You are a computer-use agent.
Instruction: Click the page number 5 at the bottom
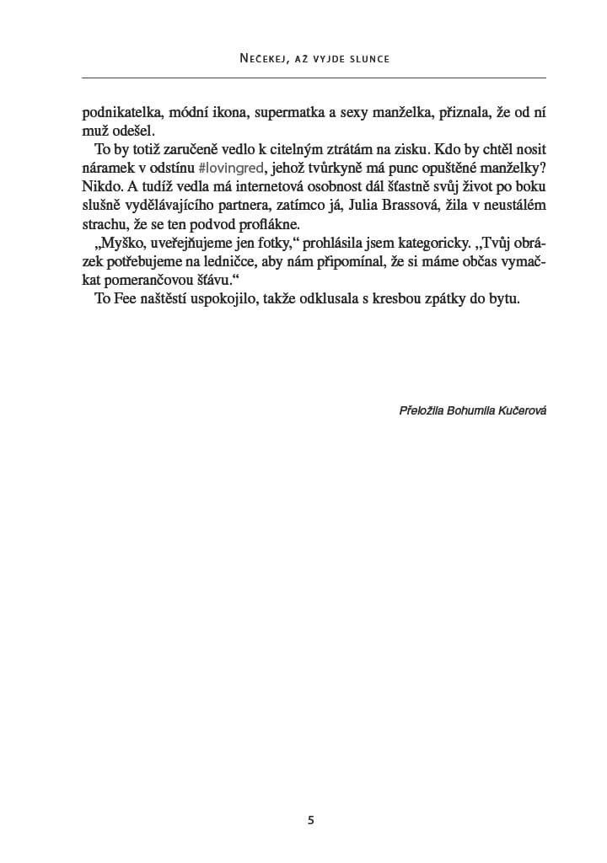pos(312,820)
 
